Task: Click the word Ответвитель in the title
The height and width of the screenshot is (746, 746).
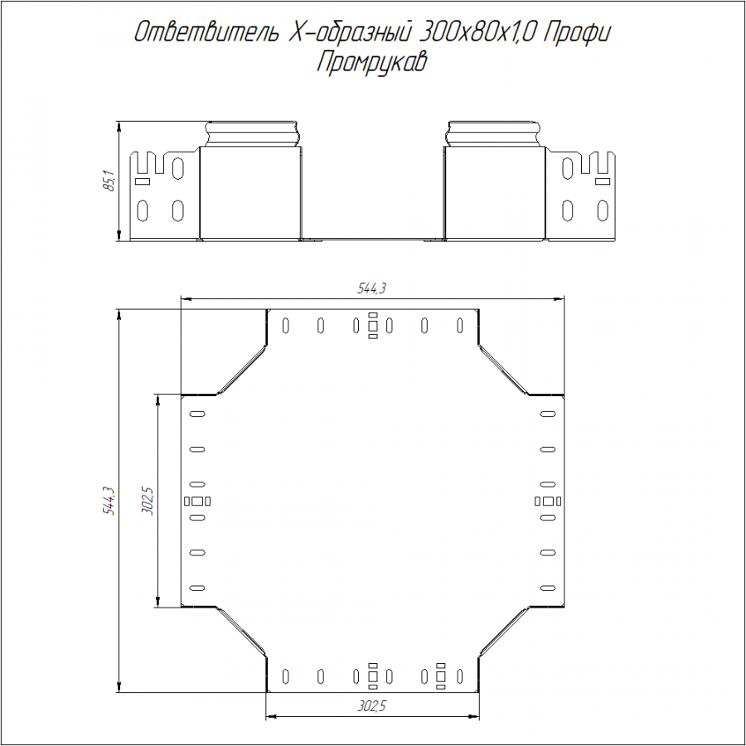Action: (206, 32)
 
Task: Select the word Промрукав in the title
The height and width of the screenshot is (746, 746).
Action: (371, 62)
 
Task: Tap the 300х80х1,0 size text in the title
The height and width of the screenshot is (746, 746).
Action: (479, 32)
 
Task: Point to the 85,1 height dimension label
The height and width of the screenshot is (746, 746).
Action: (109, 181)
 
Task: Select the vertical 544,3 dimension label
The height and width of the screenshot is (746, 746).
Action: (109, 501)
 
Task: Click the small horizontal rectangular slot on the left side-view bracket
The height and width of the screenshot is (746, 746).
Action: (143, 182)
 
